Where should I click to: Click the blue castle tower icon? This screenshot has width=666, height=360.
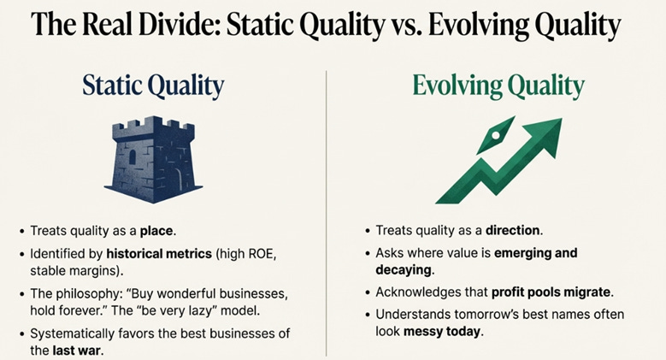(153, 159)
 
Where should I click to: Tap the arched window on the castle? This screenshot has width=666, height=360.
(133, 157)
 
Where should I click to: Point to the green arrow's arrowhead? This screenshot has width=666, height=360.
(545, 136)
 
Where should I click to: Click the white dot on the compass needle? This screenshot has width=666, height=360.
(495, 136)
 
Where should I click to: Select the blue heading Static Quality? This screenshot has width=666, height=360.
(153, 86)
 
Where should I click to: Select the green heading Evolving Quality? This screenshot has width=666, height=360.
(498, 86)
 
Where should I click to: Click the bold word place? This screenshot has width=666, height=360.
(156, 231)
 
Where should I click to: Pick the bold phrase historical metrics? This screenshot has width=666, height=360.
(159, 254)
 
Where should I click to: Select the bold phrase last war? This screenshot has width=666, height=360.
(77, 351)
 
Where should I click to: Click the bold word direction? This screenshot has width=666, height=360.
(513, 230)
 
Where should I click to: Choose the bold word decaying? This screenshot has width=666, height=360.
(404, 270)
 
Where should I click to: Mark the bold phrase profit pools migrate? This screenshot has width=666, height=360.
(551, 292)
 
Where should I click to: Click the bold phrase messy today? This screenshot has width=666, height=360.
(442, 331)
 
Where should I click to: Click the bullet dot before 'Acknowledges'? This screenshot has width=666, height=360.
(368, 293)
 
